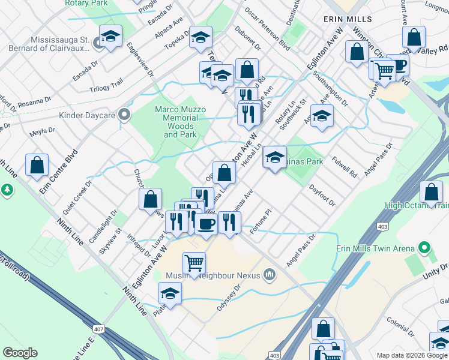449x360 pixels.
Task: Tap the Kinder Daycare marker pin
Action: (x=124, y=113)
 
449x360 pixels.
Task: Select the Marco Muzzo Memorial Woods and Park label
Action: (x=180, y=122)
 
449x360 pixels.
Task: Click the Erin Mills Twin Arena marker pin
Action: (x=425, y=247)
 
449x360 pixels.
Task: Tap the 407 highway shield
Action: (x=98, y=329)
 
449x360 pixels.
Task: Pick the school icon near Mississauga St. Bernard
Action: (x=110, y=37)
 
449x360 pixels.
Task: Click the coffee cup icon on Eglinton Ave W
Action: (x=206, y=224)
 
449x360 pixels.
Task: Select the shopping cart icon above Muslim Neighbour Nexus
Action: (x=194, y=263)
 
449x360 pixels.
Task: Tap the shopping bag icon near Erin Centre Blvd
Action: (x=37, y=165)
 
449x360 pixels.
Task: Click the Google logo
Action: (x=20, y=353)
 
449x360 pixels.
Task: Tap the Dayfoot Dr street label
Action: (x=322, y=196)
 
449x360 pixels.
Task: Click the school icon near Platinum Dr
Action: (x=170, y=294)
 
